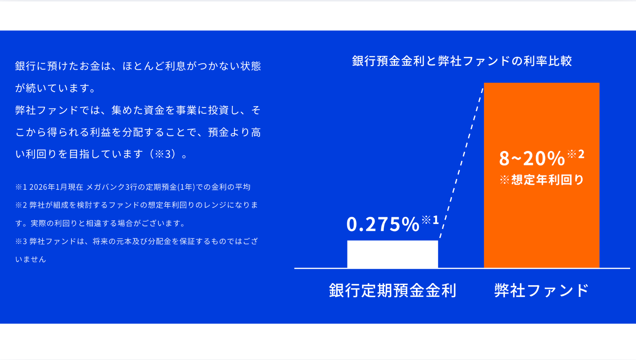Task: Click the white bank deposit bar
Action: click(392, 254)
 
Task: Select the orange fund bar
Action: click(541, 175)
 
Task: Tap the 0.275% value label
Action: click(383, 224)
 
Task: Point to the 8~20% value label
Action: click(532, 158)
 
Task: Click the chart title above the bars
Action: click(462, 61)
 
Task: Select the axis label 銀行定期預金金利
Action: click(392, 290)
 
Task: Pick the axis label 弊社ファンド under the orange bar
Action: click(541, 290)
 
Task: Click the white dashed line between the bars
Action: click(461, 163)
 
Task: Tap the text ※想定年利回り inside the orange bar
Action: click(542, 180)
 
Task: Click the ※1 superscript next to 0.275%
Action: click(430, 220)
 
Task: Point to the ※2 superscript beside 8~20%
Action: click(576, 154)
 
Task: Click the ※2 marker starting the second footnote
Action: click(21, 205)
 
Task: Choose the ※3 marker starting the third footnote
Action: click(21, 241)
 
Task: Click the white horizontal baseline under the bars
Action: click(462, 268)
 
